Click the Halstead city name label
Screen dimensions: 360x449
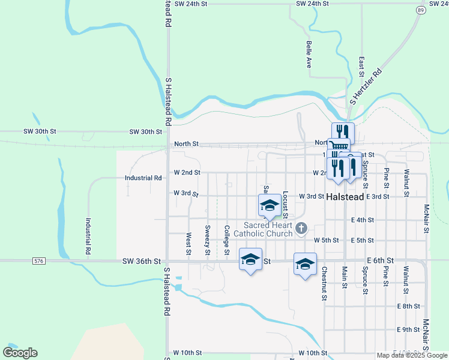346,197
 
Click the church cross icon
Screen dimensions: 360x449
302,228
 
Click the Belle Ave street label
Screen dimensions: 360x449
309,54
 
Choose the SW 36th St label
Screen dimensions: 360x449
142,261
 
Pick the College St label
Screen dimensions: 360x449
227,240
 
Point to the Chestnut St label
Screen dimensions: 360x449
324,283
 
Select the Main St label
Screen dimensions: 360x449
345,277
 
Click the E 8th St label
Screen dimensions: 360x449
408,306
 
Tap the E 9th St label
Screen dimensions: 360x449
408,329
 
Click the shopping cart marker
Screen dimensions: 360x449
339,147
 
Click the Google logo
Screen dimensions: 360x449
20,353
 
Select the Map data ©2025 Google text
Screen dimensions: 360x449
411,355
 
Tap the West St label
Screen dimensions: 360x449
188,243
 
